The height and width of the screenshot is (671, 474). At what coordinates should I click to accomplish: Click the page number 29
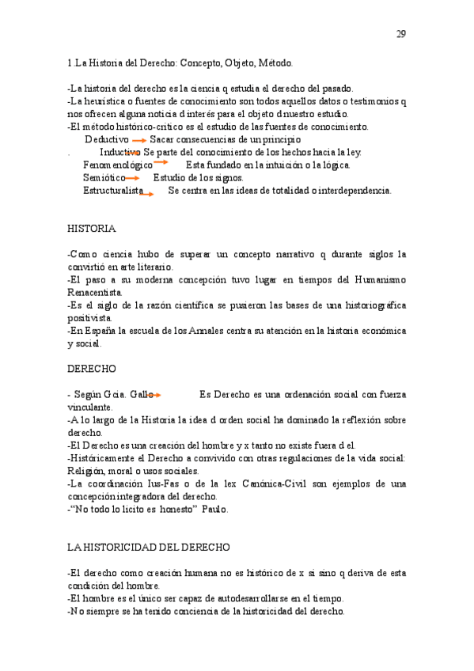coord(401,34)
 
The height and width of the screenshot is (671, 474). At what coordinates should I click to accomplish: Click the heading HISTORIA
coord(91,229)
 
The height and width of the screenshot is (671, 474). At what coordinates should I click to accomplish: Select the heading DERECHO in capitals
coord(92,369)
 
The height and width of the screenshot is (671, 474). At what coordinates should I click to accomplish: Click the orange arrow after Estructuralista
coord(146,192)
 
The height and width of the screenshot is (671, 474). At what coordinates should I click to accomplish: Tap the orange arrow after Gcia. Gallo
coord(154,393)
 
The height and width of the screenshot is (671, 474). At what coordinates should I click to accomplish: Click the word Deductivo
coord(107,139)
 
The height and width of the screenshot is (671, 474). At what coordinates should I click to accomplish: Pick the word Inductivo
coord(119,152)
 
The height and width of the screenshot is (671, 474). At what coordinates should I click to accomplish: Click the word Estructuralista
coord(112,191)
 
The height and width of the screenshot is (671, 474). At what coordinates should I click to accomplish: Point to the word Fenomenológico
coord(117,165)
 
